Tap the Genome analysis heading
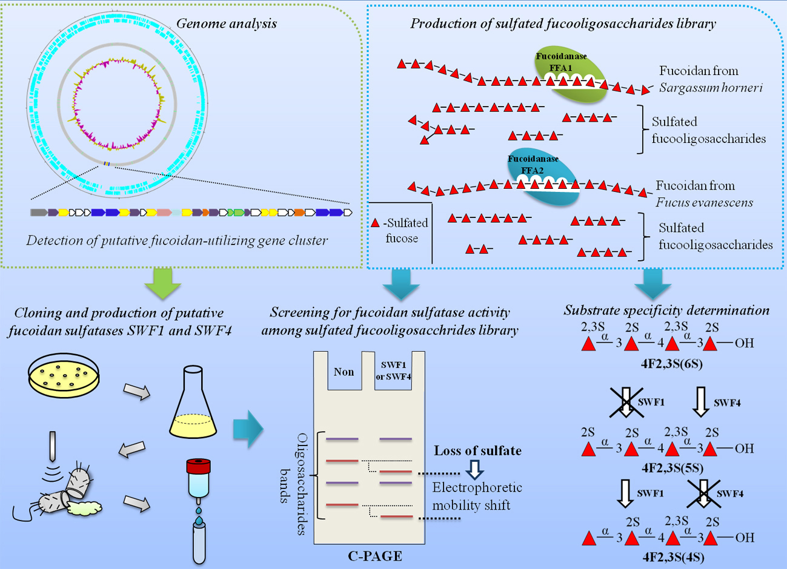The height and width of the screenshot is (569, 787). click(227, 24)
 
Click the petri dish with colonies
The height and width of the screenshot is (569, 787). click(63, 375)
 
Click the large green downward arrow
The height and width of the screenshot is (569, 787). click(162, 283)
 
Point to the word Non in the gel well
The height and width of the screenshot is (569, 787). click(344, 372)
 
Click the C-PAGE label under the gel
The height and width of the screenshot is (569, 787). click(375, 556)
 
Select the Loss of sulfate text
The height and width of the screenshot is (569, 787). click(478, 450)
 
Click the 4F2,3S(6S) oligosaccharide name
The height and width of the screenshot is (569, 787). click(671, 364)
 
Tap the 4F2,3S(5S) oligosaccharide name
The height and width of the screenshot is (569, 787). click(672, 468)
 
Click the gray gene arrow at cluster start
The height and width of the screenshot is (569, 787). click(39, 212)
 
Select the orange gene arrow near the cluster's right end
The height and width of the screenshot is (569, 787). click(299, 212)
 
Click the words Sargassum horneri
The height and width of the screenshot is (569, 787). click(711, 88)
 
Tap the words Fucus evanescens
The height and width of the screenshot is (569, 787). click(704, 203)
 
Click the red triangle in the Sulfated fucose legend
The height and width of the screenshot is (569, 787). click(375, 222)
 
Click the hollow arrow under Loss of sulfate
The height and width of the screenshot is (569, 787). click(474, 470)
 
